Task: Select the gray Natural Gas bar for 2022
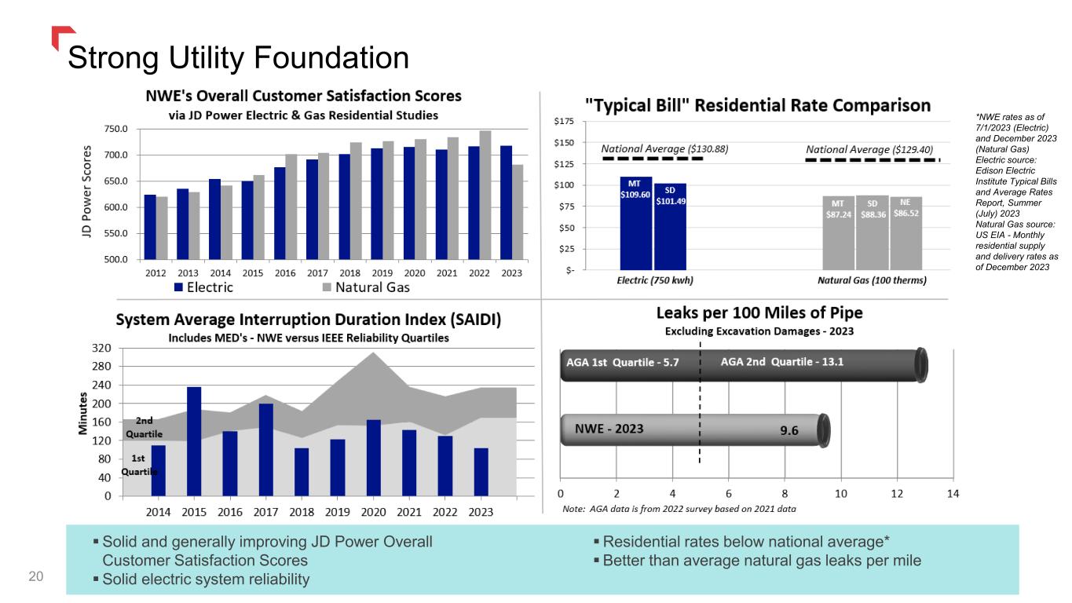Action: [485, 196]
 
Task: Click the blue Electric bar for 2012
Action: [150, 228]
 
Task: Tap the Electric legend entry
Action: [204, 287]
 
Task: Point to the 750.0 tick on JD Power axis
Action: [115, 129]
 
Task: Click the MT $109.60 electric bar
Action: [636, 224]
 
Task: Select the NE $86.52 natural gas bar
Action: [906, 233]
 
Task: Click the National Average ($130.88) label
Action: [664, 149]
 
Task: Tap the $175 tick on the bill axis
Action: [564, 121]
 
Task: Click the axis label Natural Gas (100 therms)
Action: [872, 280]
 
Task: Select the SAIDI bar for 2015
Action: [194, 441]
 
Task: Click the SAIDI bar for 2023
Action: [481, 472]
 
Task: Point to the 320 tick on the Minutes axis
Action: [101, 348]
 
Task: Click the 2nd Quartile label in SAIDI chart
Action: [144, 427]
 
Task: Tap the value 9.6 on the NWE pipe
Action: [789, 430]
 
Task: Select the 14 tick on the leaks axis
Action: [953, 493]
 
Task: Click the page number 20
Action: [36, 576]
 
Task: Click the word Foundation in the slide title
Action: [331, 58]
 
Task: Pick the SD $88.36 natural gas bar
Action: [873, 232]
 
